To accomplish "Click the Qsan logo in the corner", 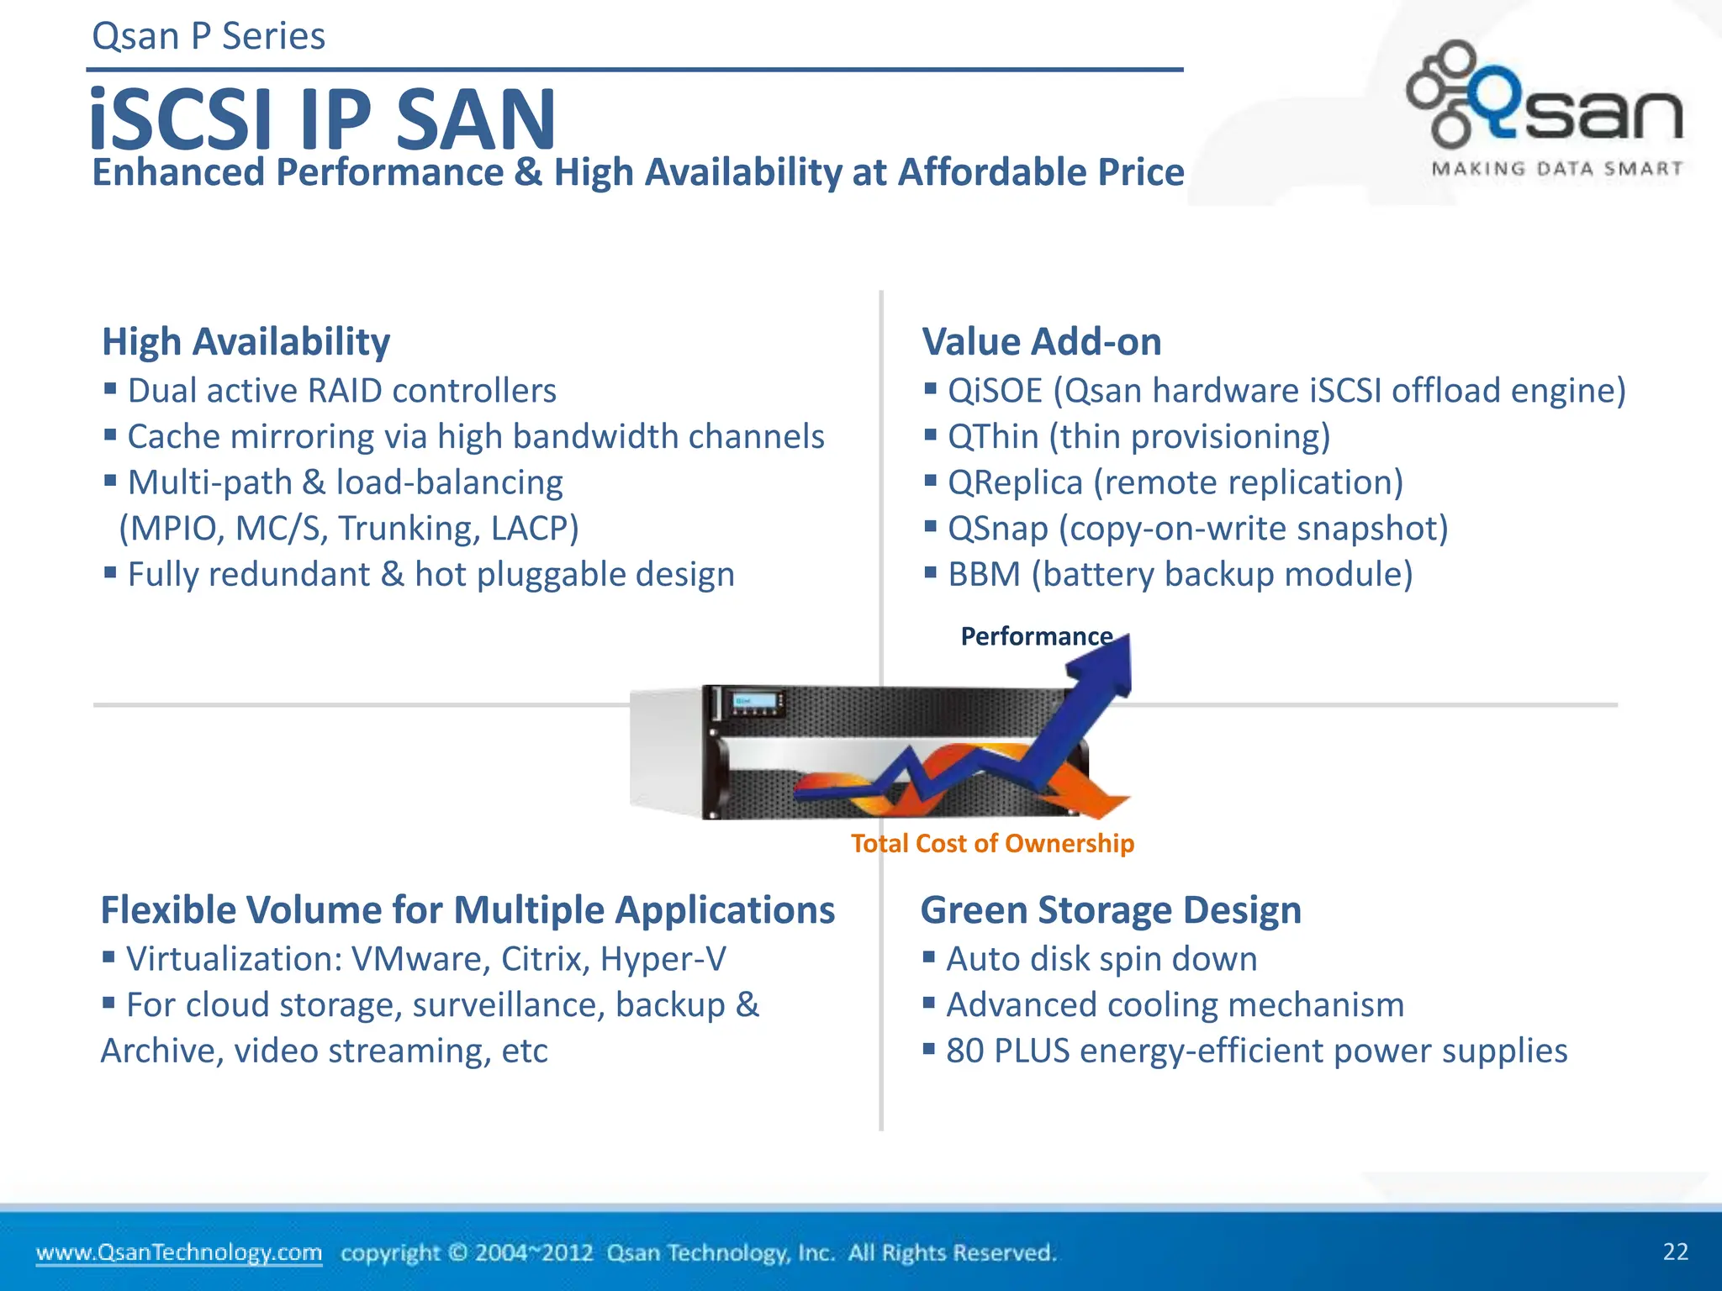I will click(1545, 97).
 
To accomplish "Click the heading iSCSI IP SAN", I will click(323, 120).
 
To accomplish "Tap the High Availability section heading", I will click(246, 342).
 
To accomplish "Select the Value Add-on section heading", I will click(1041, 342).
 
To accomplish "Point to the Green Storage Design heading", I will click(1111, 910).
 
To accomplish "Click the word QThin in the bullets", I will click(992, 437).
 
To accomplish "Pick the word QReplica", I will click(1015, 483).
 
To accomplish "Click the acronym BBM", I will click(984, 575).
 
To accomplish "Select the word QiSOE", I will click(995, 391).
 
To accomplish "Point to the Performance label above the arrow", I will click(1036, 636).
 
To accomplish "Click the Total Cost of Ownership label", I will click(992, 843).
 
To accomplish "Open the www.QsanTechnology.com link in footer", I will click(178, 1252).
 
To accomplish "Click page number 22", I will click(1675, 1251).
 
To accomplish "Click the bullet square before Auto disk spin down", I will click(929, 956).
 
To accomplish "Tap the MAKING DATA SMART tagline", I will click(1557, 169).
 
